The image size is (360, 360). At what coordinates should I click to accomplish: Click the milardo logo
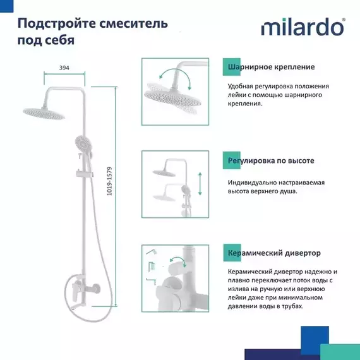(303, 28)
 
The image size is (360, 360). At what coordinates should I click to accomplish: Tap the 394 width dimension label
(64, 68)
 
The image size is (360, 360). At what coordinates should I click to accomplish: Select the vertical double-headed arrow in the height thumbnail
(200, 183)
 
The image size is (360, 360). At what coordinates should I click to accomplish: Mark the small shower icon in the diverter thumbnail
(152, 253)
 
